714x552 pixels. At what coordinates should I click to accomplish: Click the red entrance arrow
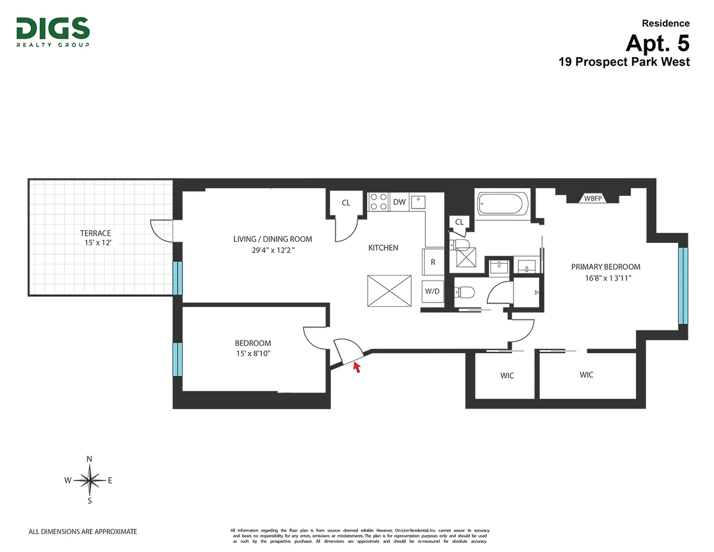tap(357, 367)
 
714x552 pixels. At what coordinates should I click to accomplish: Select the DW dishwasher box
tap(399, 202)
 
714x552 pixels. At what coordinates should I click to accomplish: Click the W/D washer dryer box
tap(432, 292)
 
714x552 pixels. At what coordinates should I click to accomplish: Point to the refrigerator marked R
tap(433, 262)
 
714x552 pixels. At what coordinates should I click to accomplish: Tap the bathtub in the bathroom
tap(501, 204)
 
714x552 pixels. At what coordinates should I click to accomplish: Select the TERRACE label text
tap(96, 233)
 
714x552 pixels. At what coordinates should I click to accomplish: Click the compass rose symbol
tap(89, 480)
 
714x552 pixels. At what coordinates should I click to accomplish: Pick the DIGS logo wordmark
tap(53, 29)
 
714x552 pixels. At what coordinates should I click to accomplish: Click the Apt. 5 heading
tap(657, 43)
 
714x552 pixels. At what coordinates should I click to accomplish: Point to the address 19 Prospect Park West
tap(624, 62)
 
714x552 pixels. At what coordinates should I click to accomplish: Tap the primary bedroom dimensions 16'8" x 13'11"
tap(606, 277)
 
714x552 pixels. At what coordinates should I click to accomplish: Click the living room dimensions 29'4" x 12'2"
tap(273, 250)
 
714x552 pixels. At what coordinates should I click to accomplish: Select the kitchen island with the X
tap(390, 291)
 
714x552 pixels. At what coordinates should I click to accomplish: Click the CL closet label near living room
tap(346, 203)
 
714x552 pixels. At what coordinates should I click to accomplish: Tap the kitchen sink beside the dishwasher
tap(419, 202)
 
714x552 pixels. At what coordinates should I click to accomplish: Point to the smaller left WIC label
tap(507, 376)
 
